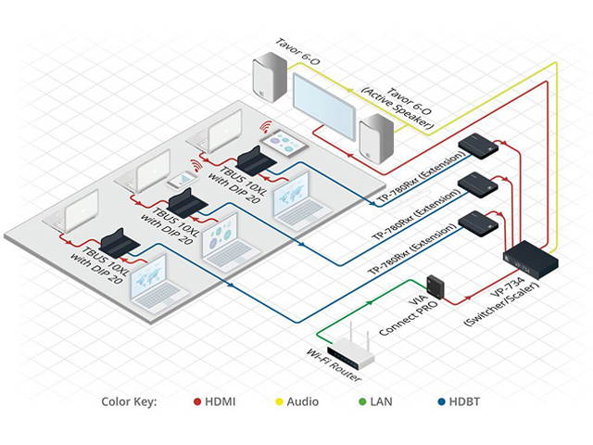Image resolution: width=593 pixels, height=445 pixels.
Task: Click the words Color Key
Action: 129,402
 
